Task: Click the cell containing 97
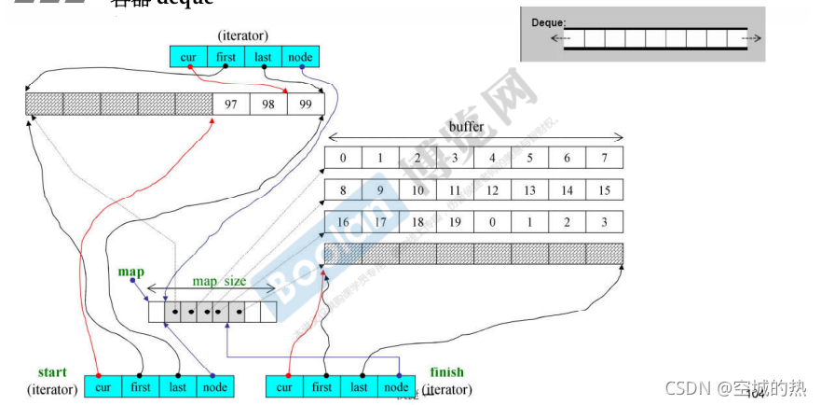tap(231, 103)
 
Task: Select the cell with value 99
tap(306, 103)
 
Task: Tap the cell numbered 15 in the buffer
tap(604, 190)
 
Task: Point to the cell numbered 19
tap(455, 223)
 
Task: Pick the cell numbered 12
tap(492, 190)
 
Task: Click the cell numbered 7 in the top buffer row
tap(604, 158)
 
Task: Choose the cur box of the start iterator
tap(103, 386)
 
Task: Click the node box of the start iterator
tap(214, 386)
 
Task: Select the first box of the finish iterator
tap(322, 386)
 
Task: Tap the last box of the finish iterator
tap(359, 386)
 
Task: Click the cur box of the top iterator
tap(188, 57)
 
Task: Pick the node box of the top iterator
tap(300, 57)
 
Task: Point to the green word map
tap(130, 272)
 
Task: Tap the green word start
tap(52, 372)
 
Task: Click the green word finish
tap(446, 372)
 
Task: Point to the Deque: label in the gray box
tap(549, 21)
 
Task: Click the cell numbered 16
tap(343, 223)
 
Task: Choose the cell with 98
tap(268, 103)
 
